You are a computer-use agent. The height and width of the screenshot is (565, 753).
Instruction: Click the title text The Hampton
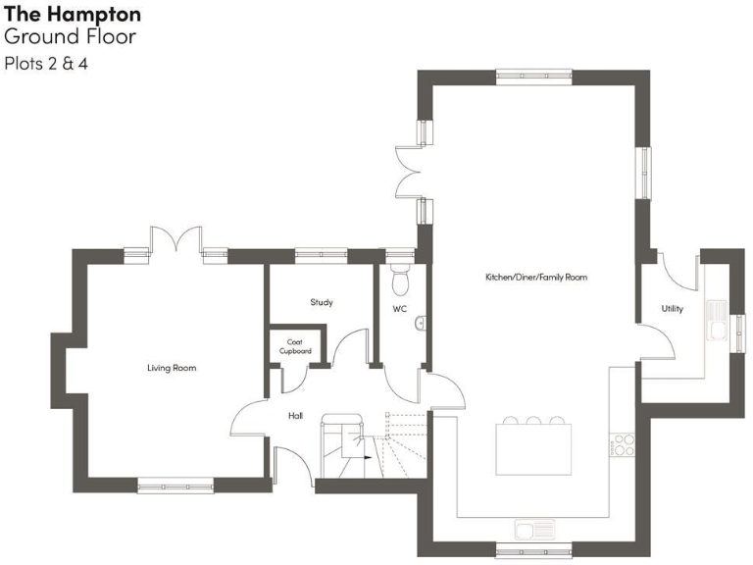coord(73,15)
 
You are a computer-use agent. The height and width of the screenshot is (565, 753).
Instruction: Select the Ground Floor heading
coord(70,37)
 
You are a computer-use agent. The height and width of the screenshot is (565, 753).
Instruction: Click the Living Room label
coord(172,368)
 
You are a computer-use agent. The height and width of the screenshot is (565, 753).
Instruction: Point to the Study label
coord(322,302)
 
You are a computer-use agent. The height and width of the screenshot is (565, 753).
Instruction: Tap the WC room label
coord(399,309)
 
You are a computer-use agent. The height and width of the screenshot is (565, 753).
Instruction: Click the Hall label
coord(295,416)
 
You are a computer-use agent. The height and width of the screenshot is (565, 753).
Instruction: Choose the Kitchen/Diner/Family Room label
coord(536,278)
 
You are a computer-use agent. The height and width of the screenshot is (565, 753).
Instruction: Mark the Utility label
coord(672,309)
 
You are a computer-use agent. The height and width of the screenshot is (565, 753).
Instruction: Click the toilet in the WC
coord(399,281)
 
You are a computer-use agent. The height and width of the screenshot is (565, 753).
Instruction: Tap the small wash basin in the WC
coord(421,322)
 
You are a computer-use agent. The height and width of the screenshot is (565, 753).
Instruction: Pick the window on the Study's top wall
coord(321,254)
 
